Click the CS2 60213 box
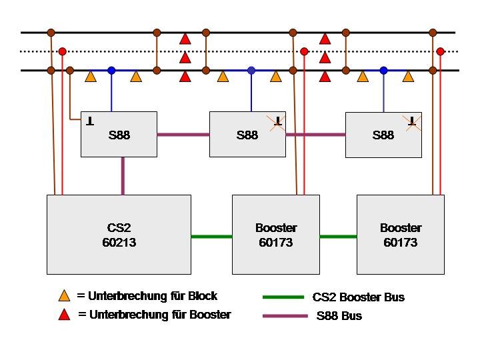coord(119,235)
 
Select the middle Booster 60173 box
coord(276,235)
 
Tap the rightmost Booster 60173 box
coord(401,235)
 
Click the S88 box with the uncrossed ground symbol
coord(119,135)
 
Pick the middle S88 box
coord(247,135)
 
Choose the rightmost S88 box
coord(383,135)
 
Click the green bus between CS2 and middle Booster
coord(211,236)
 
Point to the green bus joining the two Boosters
coord(338,236)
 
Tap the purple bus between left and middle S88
coord(183,135)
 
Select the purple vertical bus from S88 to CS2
coord(123,176)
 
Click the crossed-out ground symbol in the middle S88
coord(277,123)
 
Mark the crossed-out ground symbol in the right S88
coord(412,123)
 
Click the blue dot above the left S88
coord(111,71)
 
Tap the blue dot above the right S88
coord(383,71)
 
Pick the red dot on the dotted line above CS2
coord(63,51)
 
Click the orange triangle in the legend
coord(64,296)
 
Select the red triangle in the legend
coord(64,315)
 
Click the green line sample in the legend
coord(283,297)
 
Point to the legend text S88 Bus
coord(339,315)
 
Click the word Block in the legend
coord(203,296)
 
